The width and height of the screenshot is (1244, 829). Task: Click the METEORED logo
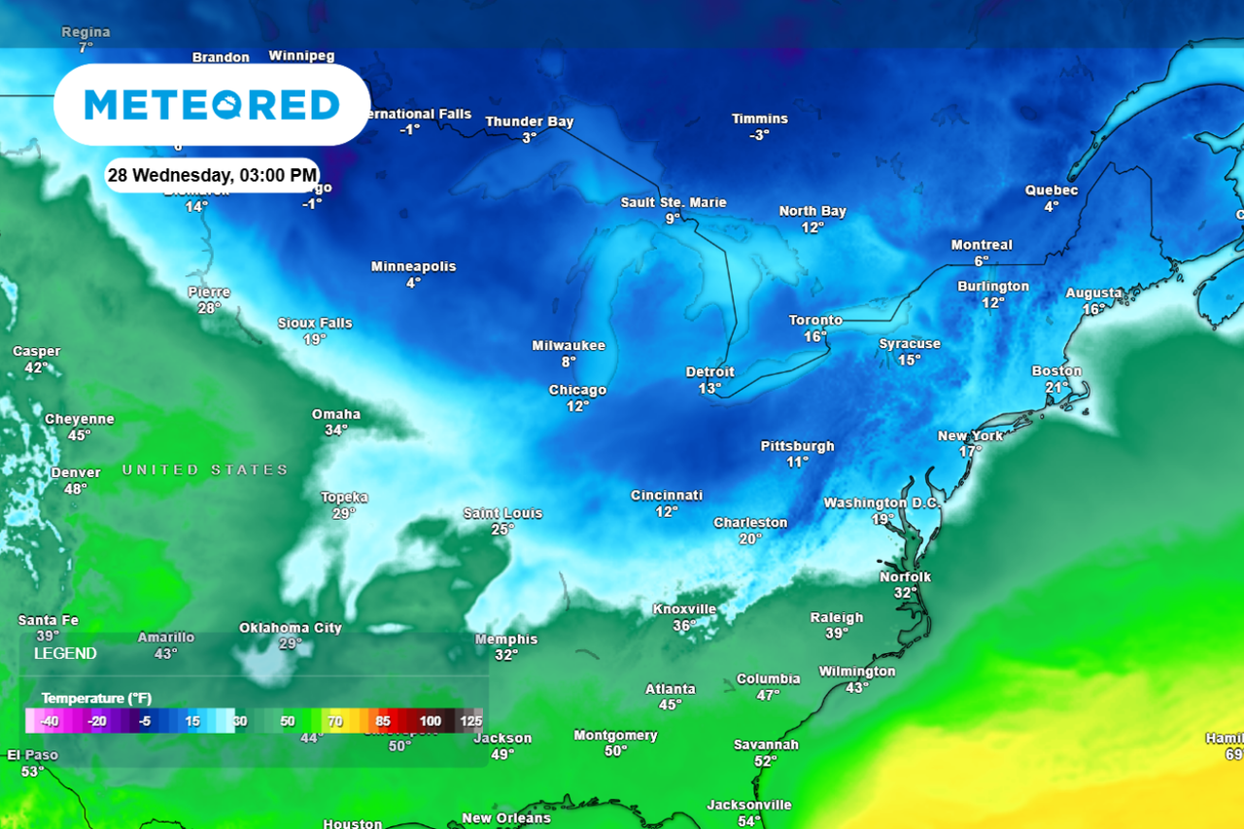coord(212,105)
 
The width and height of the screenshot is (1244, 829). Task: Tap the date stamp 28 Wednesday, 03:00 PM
coord(212,176)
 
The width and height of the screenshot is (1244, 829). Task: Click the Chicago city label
coord(577,391)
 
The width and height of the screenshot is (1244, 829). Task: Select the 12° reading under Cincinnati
coord(666,512)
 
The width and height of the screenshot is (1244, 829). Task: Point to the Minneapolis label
coord(413,267)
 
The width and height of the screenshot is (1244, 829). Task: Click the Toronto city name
coord(815,321)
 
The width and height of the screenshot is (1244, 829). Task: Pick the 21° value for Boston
coord(1056,388)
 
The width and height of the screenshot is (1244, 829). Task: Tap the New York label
coord(970,436)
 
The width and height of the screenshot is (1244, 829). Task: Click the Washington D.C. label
coord(882,503)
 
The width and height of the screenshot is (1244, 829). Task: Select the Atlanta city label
coord(671,689)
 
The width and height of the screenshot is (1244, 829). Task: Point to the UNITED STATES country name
coord(205,470)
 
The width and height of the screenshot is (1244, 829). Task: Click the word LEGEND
coord(65,654)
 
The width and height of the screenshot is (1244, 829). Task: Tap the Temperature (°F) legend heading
coord(96,699)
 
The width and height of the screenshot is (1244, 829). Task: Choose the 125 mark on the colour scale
coord(471,721)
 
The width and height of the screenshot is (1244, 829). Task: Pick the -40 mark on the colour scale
coord(50,721)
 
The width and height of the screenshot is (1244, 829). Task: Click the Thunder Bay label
coord(530,122)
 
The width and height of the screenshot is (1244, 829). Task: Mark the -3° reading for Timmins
coord(760,135)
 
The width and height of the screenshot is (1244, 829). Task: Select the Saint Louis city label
coord(502,513)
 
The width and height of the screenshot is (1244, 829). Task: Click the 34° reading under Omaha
coord(336,431)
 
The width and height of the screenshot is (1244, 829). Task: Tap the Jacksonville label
coord(749,805)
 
